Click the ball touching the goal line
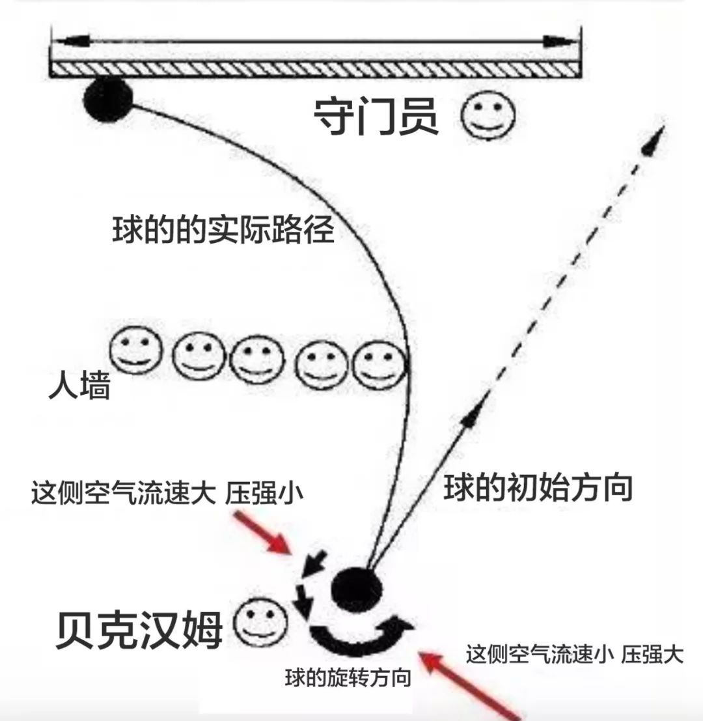pos(107,100)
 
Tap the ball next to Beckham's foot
pos(356,587)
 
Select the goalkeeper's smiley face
pos(488,116)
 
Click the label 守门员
pos(376,117)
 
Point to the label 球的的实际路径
pos(223,229)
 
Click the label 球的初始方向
pos(538,487)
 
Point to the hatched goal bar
pos(315,68)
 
